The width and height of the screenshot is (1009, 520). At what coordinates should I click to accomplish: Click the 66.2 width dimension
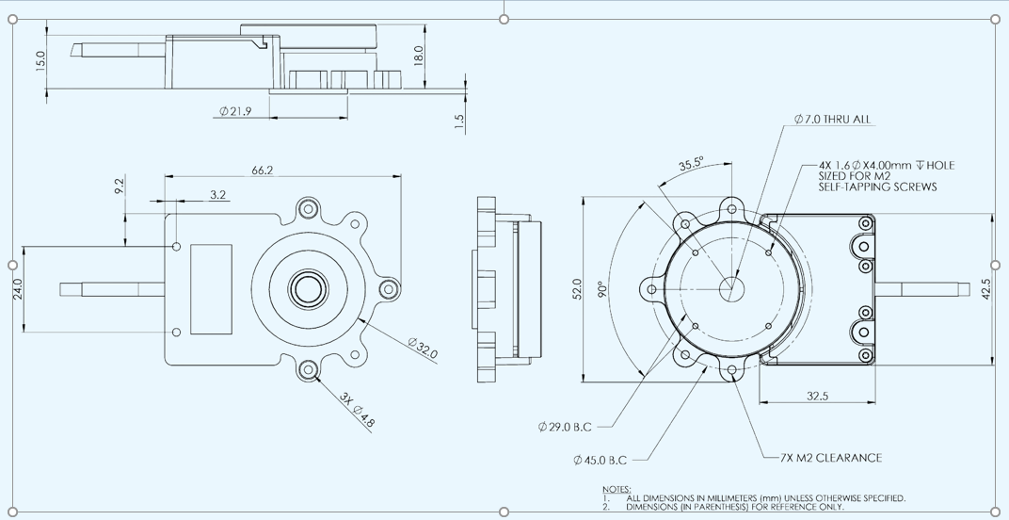tap(263, 171)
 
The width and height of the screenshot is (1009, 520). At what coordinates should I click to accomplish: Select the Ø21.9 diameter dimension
tap(235, 111)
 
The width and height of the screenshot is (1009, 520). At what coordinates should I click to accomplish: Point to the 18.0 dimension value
tap(420, 54)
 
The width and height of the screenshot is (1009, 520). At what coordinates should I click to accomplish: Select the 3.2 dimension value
tap(217, 195)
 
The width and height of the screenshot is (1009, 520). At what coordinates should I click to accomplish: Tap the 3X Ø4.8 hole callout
tap(358, 409)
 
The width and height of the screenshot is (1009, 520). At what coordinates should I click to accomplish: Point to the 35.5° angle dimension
tap(692, 164)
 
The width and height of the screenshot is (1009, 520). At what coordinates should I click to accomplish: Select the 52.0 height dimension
tap(577, 287)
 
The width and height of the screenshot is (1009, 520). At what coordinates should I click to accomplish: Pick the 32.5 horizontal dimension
tap(817, 396)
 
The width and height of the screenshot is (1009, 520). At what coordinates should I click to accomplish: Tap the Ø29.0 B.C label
tap(565, 428)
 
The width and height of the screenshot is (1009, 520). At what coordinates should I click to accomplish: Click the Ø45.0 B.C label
tap(599, 461)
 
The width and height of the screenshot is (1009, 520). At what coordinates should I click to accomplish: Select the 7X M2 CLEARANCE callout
tap(831, 458)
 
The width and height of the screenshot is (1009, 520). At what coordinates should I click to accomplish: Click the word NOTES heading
tap(617, 489)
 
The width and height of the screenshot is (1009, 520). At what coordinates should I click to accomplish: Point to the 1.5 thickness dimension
tap(459, 122)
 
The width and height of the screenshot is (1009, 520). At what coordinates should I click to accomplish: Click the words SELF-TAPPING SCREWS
tap(878, 187)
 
